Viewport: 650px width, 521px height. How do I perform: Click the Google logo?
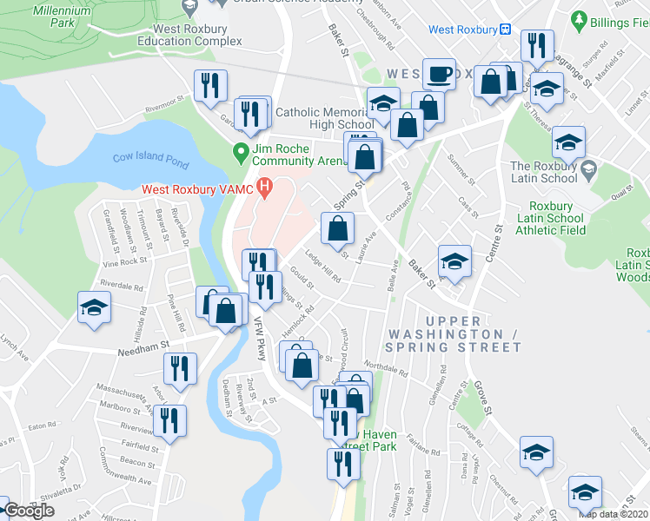click(29, 511)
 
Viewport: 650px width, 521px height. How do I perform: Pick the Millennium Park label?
click(61, 15)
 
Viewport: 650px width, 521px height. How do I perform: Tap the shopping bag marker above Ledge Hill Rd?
click(337, 229)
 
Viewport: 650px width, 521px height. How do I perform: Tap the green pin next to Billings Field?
click(580, 19)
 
